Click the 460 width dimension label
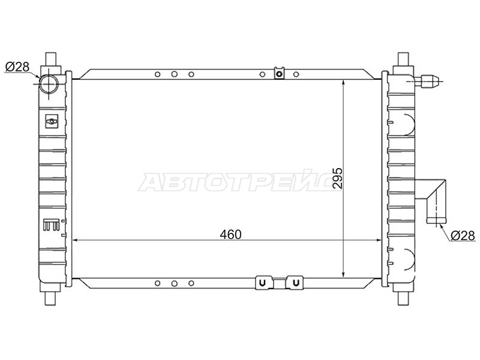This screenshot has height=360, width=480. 230,235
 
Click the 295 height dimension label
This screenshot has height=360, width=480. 338,178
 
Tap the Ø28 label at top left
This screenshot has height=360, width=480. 17,67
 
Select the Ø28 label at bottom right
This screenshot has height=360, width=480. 463,235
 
